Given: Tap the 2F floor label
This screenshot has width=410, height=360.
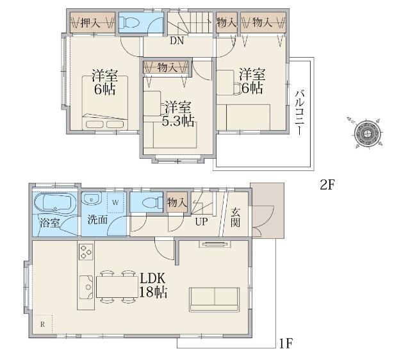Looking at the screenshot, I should point(328,186).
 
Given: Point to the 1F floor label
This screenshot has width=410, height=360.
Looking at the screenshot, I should point(286,344).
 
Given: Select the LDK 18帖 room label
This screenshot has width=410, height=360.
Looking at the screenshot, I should point(153,285).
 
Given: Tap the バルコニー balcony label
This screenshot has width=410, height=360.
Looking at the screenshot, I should point(299,112).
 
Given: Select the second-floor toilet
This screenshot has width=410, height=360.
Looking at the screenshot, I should point(129,22).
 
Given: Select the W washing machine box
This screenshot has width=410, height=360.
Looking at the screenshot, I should point(115,202).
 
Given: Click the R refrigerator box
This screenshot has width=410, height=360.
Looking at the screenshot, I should point(42,324).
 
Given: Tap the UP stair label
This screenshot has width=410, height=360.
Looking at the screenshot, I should point(201,222).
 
